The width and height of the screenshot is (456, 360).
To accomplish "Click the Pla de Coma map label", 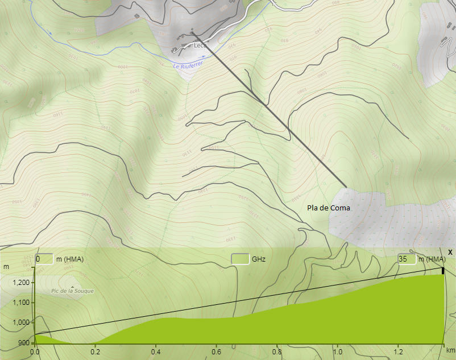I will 329,208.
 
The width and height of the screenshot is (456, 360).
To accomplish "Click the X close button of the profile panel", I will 450,252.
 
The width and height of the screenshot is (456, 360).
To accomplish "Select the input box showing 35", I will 407,259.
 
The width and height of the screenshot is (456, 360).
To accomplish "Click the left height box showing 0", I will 44,259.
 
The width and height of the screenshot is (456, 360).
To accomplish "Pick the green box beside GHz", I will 240,259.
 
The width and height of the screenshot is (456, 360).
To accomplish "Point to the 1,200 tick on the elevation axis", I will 19,283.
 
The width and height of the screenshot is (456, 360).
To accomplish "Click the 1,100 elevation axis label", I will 19,303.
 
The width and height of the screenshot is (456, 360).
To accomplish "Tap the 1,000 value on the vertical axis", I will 19,322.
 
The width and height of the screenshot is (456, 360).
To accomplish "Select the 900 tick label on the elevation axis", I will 23,343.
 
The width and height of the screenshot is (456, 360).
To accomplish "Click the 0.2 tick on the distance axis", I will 95,352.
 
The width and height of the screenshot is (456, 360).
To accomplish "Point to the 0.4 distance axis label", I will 156,352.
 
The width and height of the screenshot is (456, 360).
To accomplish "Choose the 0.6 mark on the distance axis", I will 216,352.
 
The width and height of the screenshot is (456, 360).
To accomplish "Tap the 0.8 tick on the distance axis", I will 277,352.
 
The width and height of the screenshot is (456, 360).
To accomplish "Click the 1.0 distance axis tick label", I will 337,352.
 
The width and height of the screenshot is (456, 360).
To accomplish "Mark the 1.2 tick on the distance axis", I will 398,352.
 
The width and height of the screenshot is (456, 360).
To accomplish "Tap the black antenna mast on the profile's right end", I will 443,271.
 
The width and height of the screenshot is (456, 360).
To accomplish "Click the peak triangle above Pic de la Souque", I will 72,286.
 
